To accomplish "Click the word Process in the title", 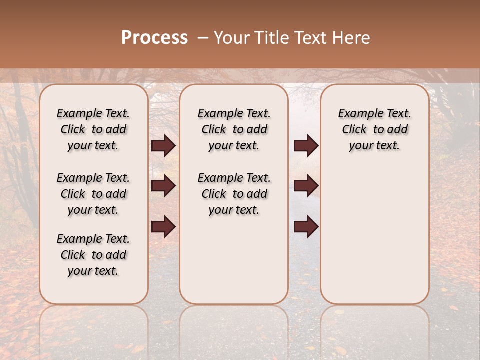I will (x=154, y=38).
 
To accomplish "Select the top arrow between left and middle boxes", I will (x=163, y=146).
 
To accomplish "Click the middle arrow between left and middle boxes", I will (x=163, y=186).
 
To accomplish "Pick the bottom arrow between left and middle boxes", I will (x=163, y=227).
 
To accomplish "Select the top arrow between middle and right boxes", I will (x=306, y=146).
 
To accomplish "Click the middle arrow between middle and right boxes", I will (x=306, y=186).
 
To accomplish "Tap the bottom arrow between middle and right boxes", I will (x=306, y=227).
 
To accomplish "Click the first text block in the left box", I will (x=93, y=129).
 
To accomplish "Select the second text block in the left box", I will (x=93, y=194).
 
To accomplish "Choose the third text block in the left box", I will (x=93, y=255).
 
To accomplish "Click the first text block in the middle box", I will (x=234, y=129).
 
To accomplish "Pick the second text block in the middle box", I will (x=234, y=194).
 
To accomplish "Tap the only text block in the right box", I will (x=374, y=129).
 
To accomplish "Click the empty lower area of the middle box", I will (x=234, y=260).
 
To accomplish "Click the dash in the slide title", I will (x=203, y=38).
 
